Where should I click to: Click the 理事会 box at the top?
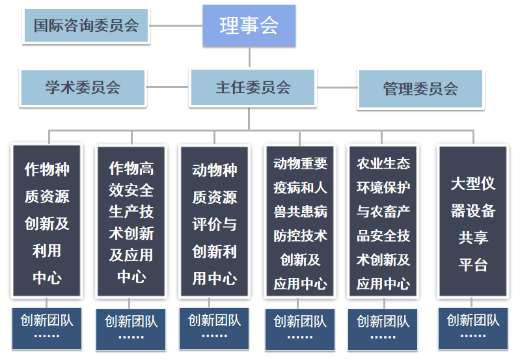click(x=249, y=26)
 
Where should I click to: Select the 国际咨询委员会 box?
click(x=86, y=27)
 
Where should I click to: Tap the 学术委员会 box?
click(x=83, y=88)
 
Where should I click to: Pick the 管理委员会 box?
click(x=420, y=89)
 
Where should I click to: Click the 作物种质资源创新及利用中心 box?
click(x=47, y=221)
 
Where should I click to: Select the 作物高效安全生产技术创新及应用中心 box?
click(x=131, y=221)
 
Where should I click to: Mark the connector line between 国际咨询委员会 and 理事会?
click(x=176, y=27)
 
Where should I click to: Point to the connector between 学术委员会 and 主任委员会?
click(x=167, y=87)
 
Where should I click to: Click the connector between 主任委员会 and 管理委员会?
click(x=336, y=87)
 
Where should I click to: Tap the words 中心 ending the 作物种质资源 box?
click(x=47, y=278)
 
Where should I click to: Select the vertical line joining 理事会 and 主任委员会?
click(x=249, y=58)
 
